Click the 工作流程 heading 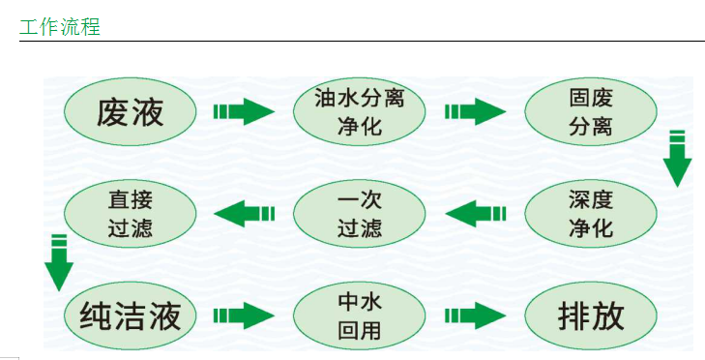tap(59, 25)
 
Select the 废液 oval tap(131, 112)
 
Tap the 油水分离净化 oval tap(359, 112)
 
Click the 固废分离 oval tap(590, 112)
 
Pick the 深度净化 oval tap(590, 214)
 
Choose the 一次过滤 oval tap(359, 214)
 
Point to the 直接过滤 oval tap(131, 214)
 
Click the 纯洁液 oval tap(131, 315)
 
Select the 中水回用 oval tap(359, 315)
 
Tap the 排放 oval tap(590, 315)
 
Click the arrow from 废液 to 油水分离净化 tap(244, 111)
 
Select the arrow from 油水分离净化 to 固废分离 tap(475, 111)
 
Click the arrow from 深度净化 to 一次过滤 tap(475, 213)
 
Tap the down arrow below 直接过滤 tap(59, 262)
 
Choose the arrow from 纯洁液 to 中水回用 tap(244, 315)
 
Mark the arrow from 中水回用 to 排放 tap(475, 315)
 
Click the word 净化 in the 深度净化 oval tap(590, 229)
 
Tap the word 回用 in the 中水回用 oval tap(359, 331)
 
